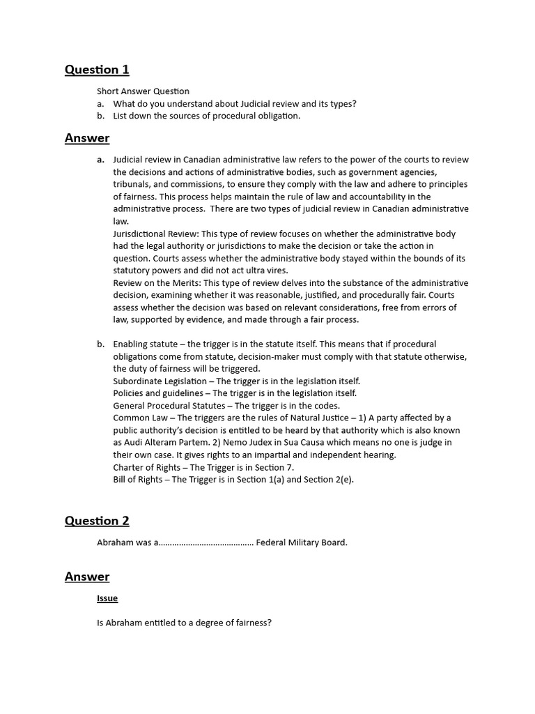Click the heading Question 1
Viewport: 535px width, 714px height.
click(x=97, y=70)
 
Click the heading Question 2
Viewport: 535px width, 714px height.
click(x=97, y=521)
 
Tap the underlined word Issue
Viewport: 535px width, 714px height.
click(x=107, y=598)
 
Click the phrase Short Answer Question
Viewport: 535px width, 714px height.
click(x=143, y=91)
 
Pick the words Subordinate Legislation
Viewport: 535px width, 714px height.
click(x=160, y=381)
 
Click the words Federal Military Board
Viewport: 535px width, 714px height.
click(x=302, y=542)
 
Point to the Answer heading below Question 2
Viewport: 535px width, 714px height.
click(x=87, y=577)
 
